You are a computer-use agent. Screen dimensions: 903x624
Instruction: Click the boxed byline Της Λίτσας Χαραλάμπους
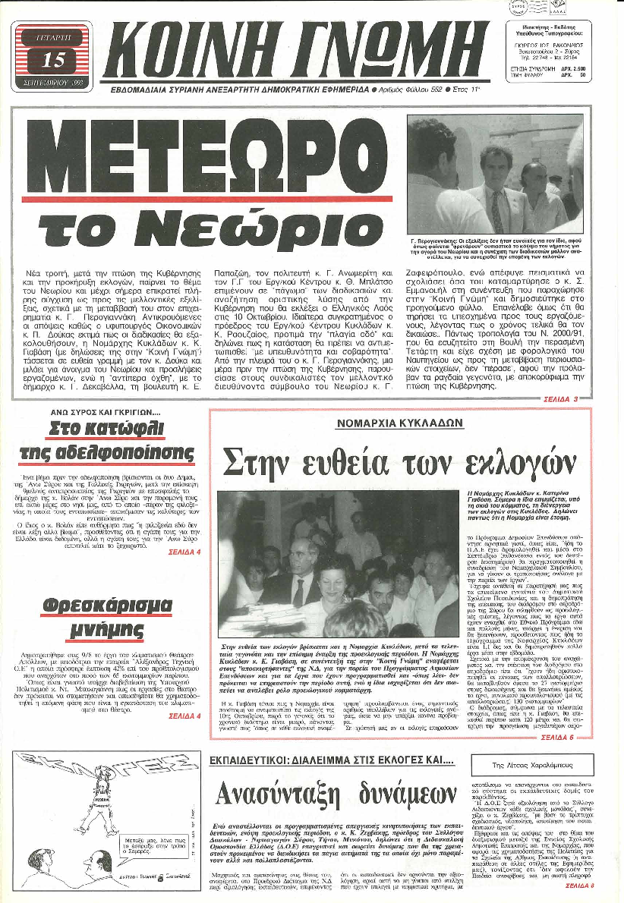coord(531,765)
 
